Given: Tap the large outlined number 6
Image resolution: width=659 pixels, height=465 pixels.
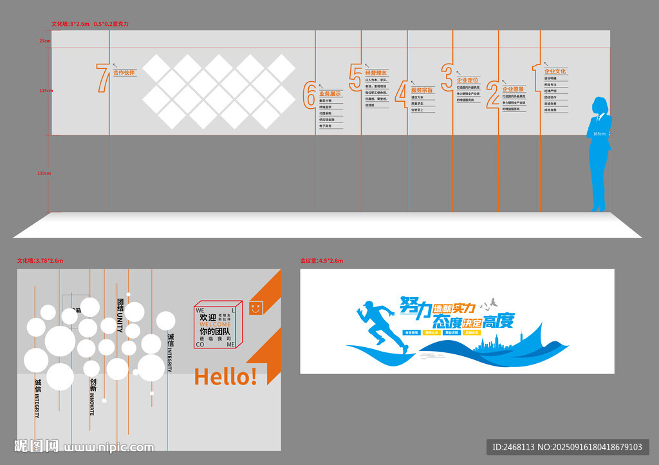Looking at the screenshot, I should pyautogui.click(x=310, y=95).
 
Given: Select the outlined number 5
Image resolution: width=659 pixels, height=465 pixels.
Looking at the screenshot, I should pyautogui.click(x=356, y=76).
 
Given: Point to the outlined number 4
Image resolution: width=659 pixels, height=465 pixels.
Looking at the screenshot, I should pyautogui.click(x=402, y=93).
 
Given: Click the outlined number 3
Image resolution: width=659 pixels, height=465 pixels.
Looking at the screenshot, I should pyautogui.click(x=447, y=77).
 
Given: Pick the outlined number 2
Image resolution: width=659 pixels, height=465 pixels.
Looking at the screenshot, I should pyautogui.click(x=493, y=93).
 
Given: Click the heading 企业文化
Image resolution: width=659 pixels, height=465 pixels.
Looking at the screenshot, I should pyautogui.click(x=555, y=71).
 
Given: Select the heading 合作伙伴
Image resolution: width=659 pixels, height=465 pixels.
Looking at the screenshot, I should pyautogui.click(x=124, y=73).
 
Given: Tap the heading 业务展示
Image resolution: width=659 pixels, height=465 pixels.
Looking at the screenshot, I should pyautogui.click(x=330, y=94).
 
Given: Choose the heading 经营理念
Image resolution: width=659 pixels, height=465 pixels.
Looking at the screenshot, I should pyautogui.click(x=376, y=73).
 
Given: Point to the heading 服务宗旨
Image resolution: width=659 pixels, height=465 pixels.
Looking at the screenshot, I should pyautogui.click(x=422, y=90).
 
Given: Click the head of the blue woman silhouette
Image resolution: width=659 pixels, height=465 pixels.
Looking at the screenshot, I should pyautogui.click(x=600, y=104).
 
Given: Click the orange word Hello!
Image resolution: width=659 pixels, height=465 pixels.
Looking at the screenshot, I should pyautogui.click(x=225, y=377).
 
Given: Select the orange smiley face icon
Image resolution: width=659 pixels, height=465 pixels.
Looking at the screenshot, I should pyautogui.click(x=256, y=307).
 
